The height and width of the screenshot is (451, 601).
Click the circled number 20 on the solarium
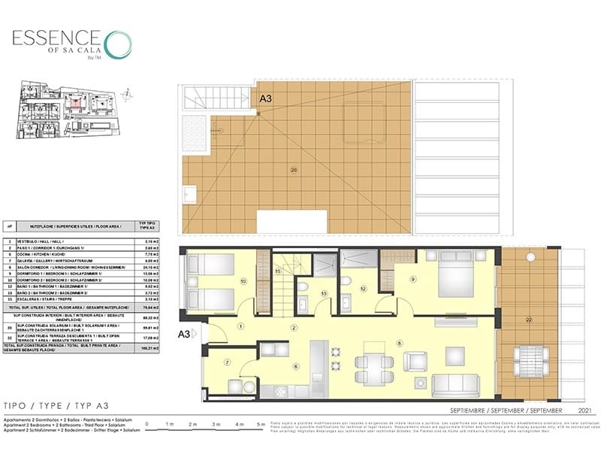(294, 171)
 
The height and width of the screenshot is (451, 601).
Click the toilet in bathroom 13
(301, 288)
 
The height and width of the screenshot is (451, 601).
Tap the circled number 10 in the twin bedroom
(243, 282)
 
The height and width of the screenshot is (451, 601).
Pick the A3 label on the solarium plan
(266, 98)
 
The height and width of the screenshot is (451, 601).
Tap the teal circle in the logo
(117, 44)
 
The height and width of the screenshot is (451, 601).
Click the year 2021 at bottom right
(578, 411)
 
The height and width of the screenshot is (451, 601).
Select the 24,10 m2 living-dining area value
(148, 266)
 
